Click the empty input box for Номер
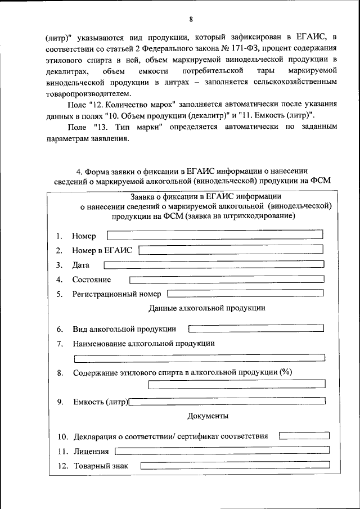[x=215, y=234]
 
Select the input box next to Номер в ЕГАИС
[x=231, y=249]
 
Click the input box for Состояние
[x=227, y=279]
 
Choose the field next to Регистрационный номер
[x=246, y=293]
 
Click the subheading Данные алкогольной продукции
[x=207, y=308]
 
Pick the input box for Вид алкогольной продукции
[x=256, y=328]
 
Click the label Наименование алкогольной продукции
[x=143, y=343]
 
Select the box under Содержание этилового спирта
[x=236, y=385]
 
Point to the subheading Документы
[x=207, y=416]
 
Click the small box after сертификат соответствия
[x=304, y=435]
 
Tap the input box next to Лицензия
[x=222, y=450]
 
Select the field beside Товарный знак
[x=235, y=465]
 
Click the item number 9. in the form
[x=60, y=402]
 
